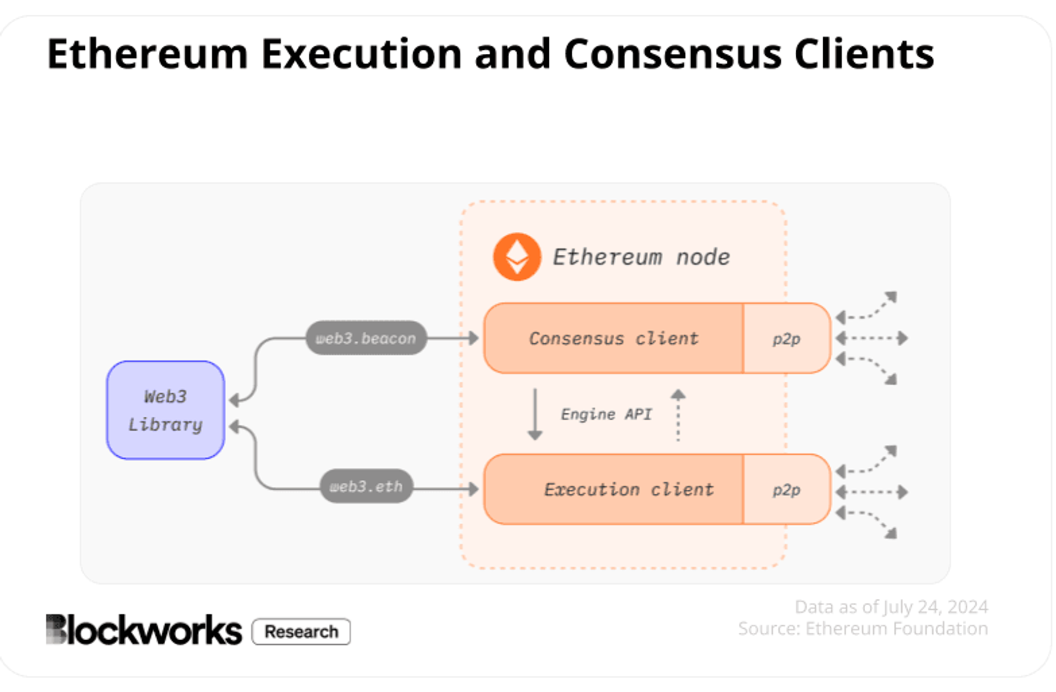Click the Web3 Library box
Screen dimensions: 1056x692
tap(166, 410)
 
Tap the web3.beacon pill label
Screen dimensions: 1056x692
tap(366, 338)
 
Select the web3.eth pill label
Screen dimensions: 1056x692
tap(366, 486)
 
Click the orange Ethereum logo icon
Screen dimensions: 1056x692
tap(517, 257)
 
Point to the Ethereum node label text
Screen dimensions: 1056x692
tap(641, 257)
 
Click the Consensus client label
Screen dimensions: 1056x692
tap(614, 338)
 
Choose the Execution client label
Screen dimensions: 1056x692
tap(629, 489)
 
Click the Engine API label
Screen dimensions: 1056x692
tap(606, 414)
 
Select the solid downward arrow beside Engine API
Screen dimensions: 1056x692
tap(535, 414)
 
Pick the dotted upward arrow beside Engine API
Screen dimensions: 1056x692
tap(678, 415)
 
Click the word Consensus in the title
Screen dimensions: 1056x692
tap(672, 54)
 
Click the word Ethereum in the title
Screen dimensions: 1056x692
tap(147, 54)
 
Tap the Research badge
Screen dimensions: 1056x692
tap(301, 631)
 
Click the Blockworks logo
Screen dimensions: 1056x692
tap(143, 629)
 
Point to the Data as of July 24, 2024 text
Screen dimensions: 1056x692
tap(891, 607)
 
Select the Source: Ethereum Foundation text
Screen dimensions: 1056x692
tap(863, 628)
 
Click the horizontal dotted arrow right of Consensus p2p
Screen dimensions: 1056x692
tap(872, 338)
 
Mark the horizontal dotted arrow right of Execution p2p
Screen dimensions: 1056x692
tap(872, 492)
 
